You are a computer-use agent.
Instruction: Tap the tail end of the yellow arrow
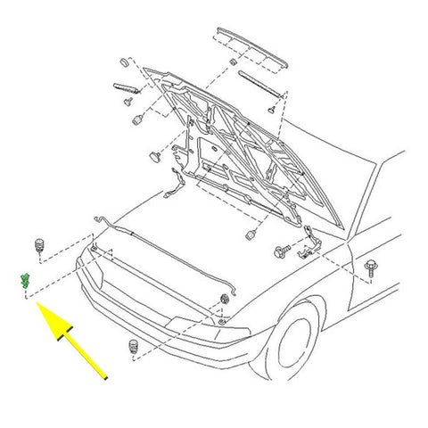pos(107,379)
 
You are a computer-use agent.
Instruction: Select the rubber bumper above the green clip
pos(40,243)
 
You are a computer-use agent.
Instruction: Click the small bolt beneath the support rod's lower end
pos(269,107)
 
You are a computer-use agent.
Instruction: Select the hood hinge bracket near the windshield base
pos(310,243)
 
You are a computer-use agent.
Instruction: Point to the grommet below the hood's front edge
pos(249,235)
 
